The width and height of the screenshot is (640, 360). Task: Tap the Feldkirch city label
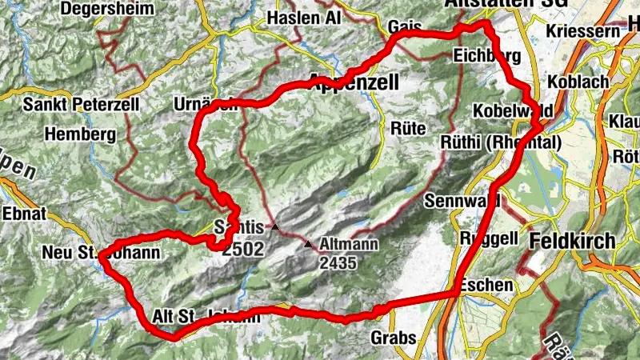pos(572,241)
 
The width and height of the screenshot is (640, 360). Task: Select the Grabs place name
pos(394,338)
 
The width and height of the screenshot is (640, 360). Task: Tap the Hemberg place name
pos(82,134)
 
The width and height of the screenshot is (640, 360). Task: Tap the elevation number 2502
pos(243,249)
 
